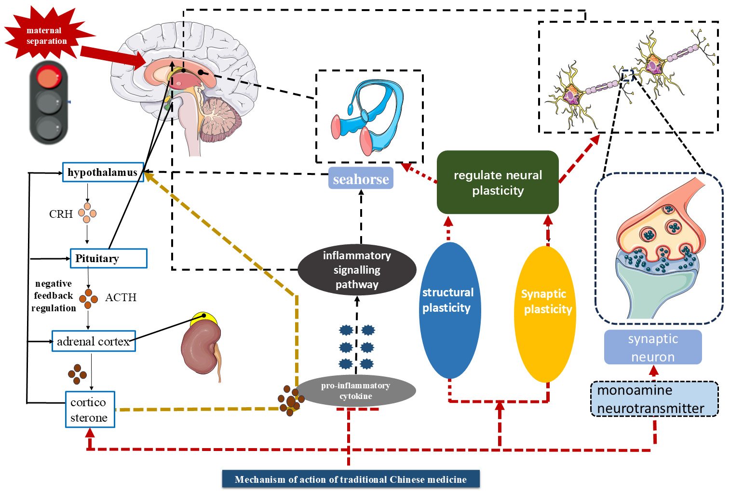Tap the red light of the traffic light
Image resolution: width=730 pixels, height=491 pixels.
click(x=49, y=78)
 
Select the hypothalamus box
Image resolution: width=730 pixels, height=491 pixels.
click(x=103, y=172)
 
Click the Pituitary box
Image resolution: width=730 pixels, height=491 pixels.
click(x=108, y=258)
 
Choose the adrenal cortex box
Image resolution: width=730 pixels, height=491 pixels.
click(x=94, y=341)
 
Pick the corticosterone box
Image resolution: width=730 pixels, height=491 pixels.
click(x=90, y=410)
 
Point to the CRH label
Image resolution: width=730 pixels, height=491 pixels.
click(x=61, y=214)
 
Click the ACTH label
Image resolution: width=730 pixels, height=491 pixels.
click(x=121, y=297)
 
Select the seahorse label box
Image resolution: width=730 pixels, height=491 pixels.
click(x=361, y=179)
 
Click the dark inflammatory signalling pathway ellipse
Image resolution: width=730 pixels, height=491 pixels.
click(x=357, y=270)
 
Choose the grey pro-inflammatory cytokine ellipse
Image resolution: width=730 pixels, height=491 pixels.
click(x=356, y=391)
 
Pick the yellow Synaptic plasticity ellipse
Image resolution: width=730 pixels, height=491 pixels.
click(x=545, y=313)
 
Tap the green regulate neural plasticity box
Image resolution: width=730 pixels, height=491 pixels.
click(x=498, y=183)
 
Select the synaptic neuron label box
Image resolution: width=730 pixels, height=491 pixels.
click(x=653, y=347)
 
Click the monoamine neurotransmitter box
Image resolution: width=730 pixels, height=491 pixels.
click(x=654, y=399)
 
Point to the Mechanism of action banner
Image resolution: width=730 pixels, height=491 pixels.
click(x=351, y=479)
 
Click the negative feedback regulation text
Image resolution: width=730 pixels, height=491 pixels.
click(x=54, y=296)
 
